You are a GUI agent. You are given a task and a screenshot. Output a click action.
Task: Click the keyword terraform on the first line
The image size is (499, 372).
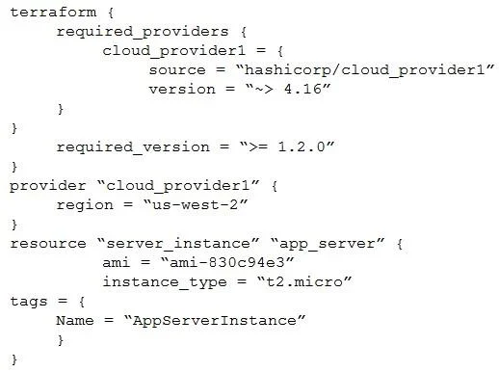tap(53, 13)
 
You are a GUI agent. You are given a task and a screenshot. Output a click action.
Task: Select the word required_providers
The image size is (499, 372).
tap(143, 32)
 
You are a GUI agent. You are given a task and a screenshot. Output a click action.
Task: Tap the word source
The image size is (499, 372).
tap(177, 70)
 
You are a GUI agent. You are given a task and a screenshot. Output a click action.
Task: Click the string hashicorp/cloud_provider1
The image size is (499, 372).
tap(365, 70)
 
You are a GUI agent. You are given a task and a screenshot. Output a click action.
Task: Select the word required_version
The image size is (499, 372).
tap(133, 147)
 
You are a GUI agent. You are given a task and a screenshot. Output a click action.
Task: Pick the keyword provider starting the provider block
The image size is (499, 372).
tap(48, 186)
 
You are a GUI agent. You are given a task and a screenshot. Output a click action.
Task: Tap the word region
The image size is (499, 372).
tap(85, 205)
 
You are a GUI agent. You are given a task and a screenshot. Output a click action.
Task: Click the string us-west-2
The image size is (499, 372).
tap(196, 204)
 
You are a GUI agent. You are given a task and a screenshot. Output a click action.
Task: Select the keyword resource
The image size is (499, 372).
tap(48, 244)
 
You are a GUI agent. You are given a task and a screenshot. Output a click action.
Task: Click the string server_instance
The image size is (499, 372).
tap(178, 244)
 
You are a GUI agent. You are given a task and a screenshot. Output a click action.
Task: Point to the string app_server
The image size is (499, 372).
tap(328, 244)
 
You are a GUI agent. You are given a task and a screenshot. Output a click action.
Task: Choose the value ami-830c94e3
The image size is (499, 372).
tap(227, 262)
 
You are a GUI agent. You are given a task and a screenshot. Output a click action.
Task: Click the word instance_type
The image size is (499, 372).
tap(165, 282)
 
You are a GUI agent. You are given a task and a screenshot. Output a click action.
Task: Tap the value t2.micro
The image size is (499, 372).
tap(304, 281)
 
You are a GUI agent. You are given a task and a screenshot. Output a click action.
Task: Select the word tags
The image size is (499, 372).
tap(29, 302)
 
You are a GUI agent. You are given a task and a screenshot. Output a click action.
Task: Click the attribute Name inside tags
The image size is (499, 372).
tap(75, 321)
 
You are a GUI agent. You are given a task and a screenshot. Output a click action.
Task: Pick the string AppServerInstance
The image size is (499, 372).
tap(215, 321)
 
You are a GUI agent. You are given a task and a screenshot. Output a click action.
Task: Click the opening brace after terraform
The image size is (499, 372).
tap(111, 13)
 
